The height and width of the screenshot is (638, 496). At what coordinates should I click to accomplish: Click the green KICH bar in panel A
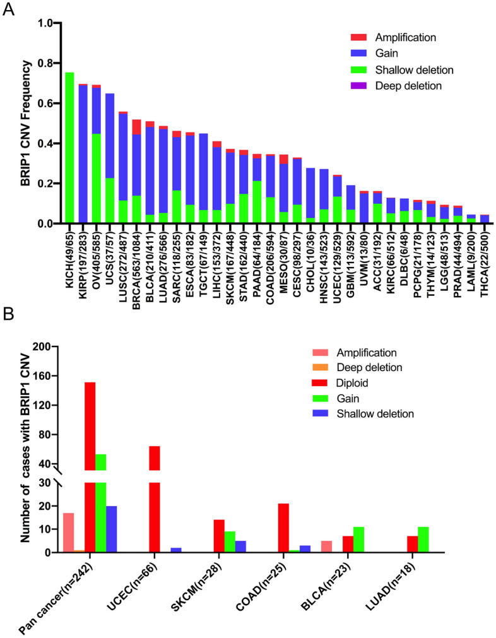[x=70, y=148]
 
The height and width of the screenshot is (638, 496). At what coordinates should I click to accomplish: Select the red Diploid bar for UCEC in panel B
[x=155, y=480]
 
